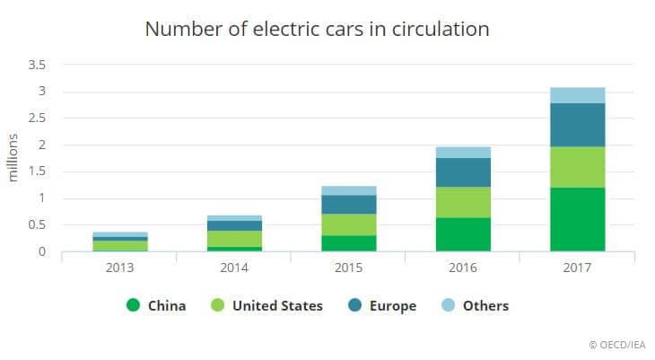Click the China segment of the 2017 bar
(x=578, y=219)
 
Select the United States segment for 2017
(x=578, y=167)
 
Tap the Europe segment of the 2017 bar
(x=578, y=125)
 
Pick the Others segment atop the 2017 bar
(x=578, y=95)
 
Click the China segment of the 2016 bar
(x=463, y=234)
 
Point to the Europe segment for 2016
(x=463, y=172)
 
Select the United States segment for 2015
(x=348, y=224)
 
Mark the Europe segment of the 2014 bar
(x=234, y=226)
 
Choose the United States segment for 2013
(x=119, y=245)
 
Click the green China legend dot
(x=134, y=305)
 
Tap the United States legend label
(x=277, y=306)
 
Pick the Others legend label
(x=485, y=306)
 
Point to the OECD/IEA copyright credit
(x=616, y=344)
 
